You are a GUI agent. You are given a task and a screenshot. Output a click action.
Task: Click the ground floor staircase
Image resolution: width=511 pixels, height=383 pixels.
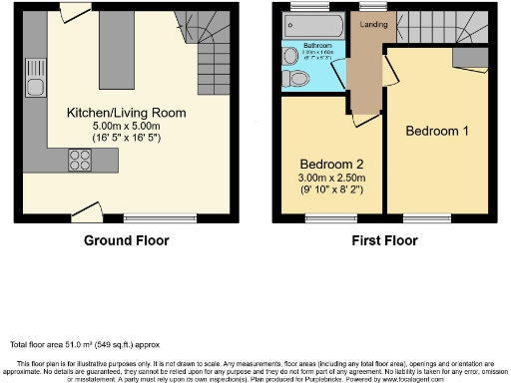click(x=203, y=50)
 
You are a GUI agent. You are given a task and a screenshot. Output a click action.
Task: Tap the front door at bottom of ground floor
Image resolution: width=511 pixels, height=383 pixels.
click(x=87, y=212)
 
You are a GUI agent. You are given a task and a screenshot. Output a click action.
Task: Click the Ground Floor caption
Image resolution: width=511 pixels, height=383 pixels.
click(x=127, y=240)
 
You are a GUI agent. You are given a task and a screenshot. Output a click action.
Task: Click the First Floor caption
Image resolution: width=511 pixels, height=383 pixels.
click(x=383, y=240)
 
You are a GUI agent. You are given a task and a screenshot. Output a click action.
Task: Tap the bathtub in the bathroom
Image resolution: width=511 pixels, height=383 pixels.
click(x=311, y=27)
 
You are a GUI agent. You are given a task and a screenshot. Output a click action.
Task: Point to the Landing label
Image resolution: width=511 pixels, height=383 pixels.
click(x=375, y=25)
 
